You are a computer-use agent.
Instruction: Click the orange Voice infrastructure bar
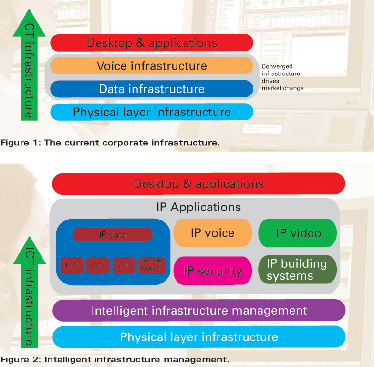152,66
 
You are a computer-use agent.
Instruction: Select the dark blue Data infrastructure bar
152,89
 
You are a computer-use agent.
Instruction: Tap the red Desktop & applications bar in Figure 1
152,42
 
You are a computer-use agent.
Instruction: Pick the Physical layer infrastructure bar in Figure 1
152,112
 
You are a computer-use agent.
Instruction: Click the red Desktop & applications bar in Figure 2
198,184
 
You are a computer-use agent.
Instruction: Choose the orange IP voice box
212,233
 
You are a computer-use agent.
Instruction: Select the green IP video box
298,233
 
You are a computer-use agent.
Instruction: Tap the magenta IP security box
212,271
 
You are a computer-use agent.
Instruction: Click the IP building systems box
297,270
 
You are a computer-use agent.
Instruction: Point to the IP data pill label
113,234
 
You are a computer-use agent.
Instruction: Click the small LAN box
72,265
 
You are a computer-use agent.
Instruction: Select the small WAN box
98,265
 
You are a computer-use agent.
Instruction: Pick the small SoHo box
124,265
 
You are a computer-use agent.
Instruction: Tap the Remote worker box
151,265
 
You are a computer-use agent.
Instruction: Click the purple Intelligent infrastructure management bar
199,311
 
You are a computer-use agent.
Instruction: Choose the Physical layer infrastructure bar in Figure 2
199,337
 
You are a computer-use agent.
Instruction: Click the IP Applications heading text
198,207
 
